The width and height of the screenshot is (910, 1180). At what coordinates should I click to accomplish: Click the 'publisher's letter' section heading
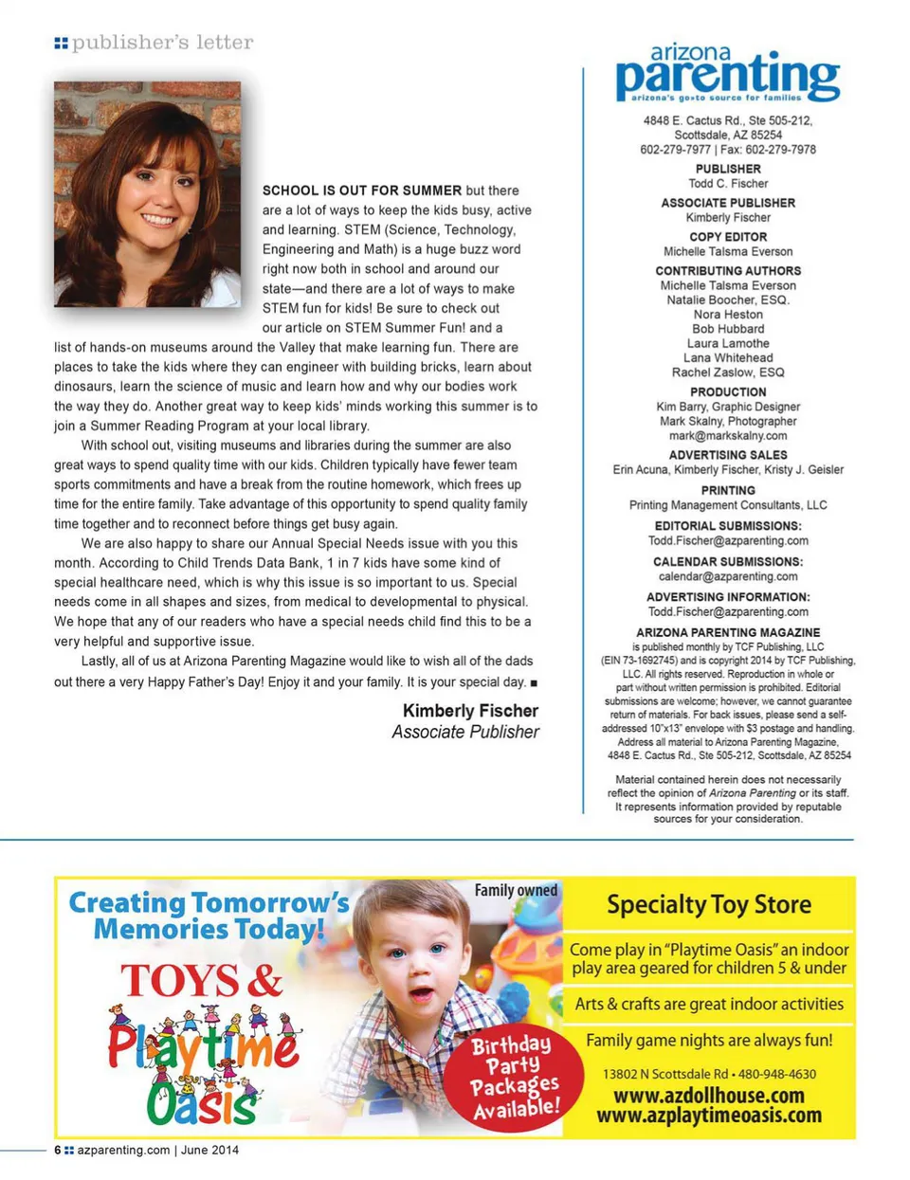[x=162, y=43]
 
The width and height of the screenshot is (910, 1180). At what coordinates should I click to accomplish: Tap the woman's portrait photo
[x=147, y=194]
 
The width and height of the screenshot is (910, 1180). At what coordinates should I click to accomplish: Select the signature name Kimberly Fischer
[x=470, y=711]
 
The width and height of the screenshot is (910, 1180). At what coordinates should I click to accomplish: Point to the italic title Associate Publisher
[x=465, y=733]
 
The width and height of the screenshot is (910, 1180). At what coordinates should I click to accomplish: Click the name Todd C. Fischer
[x=728, y=184]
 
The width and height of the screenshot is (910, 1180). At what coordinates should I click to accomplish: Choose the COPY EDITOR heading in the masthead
[x=728, y=237]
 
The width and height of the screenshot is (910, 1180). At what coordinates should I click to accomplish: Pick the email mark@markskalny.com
[x=728, y=436]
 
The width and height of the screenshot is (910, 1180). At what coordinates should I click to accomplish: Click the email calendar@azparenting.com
[x=728, y=576]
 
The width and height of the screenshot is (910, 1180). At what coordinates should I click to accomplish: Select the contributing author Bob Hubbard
[x=728, y=329]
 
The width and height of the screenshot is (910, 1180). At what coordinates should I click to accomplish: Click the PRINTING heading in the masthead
[x=728, y=491]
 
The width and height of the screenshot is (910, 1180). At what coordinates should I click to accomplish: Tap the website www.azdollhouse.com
[x=709, y=1096]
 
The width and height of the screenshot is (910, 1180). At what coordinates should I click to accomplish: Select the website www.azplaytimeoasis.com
[x=709, y=1116]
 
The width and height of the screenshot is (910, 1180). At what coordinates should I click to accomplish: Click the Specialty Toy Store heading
[x=709, y=905]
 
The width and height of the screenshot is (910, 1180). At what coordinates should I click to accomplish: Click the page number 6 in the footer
[x=58, y=1151]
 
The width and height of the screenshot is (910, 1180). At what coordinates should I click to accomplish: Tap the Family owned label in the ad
[x=516, y=891]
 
